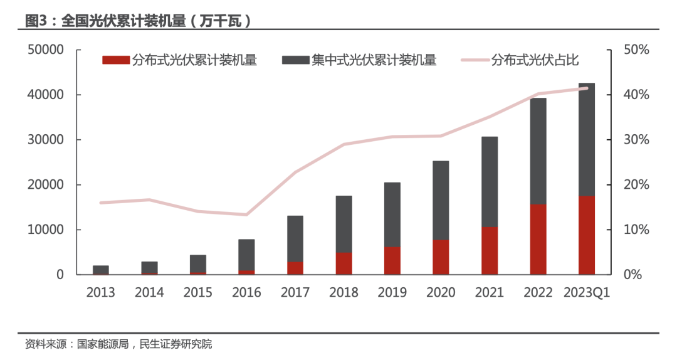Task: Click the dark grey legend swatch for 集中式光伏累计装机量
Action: pos(295,60)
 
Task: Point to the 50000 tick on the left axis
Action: pos(46,50)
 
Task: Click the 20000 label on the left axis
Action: pos(46,184)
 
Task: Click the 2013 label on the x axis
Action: pos(100,293)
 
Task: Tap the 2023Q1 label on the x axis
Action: pos(587,293)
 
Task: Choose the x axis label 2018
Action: pos(344,293)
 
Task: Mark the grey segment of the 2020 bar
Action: pos(441,201)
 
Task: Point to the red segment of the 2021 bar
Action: pos(490,251)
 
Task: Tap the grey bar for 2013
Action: pos(100,270)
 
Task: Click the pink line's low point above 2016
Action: pos(246,214)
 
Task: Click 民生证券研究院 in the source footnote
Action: pos(175,344)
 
